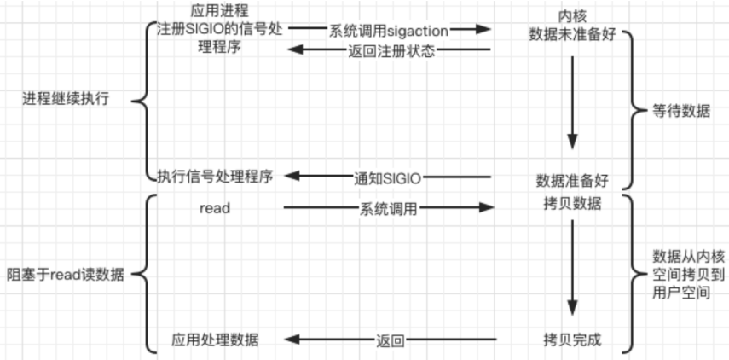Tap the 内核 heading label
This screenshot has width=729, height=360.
(x=572, y=16)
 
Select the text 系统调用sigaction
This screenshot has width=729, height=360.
(x=388, y=32)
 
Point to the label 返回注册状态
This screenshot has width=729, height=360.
(x=391, y=51)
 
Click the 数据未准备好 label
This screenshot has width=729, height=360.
(x=572, y=35)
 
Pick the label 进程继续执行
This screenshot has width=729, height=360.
(x=66, y=99)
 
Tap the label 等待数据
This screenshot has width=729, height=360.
(x=681, y=112)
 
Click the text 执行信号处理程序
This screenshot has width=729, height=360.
(x=214, y=176)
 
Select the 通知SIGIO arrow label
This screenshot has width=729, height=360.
(x=387, y=178)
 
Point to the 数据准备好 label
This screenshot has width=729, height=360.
(x=572, y=181)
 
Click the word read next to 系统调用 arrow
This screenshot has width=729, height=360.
(x=215, y=208)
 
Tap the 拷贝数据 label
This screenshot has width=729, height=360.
(x=572, y=204)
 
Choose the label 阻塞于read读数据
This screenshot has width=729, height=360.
(x=66, y=275)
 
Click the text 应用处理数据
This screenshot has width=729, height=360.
(x=215, y=340)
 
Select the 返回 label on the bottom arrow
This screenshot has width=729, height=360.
(x=390, y=341)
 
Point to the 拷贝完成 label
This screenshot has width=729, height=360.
(x=572, y=340)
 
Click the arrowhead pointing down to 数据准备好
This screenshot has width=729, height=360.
(x=572, y=142)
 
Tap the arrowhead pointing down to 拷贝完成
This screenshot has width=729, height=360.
(x=572, y=307)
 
